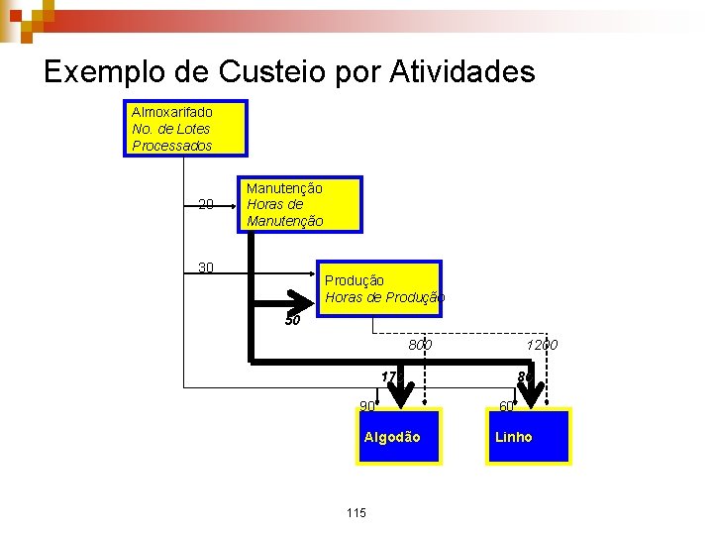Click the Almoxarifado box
pyautogui.click(x=183, y=129)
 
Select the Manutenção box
pyautogui.click(x=299, y=204)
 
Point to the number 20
pyautogui.click(x=206, y=205)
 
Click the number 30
pyautogui.click(x=206, y=267)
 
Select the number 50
pyautogui.click(x=292, y=320)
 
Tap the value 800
pyautogui.click(x=420, y=345)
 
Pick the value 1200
pyautogui.click(x=542, y=345)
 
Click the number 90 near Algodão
pyautogui.click(x=367, y=405)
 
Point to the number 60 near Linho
pyautogui.click(x=506, y=405)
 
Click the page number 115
pyautogui.click(x=356, y=512)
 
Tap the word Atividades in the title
pyautogui.click(x=462, y=71)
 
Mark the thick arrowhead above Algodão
pyautogui.click(x=400, y=394)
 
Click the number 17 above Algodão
pyautogui.click(x=388, y=376)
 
